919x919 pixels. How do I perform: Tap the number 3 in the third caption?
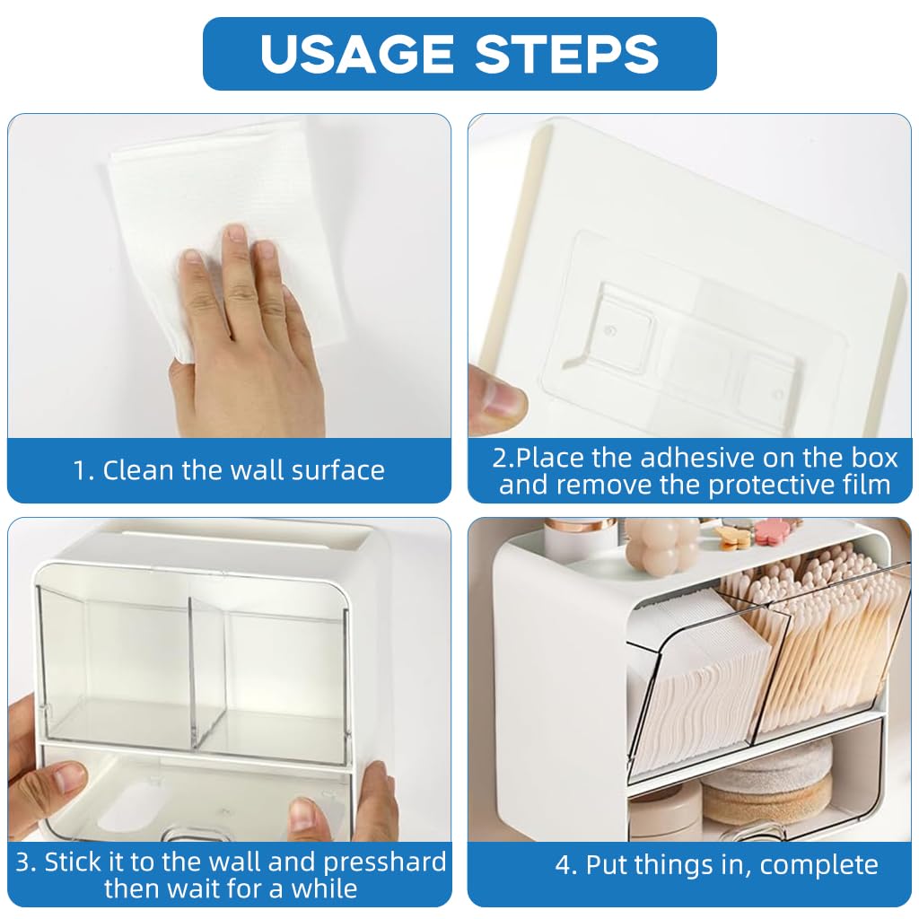24,862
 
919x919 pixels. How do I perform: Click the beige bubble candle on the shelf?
663,545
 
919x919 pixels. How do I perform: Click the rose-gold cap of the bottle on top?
579,524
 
